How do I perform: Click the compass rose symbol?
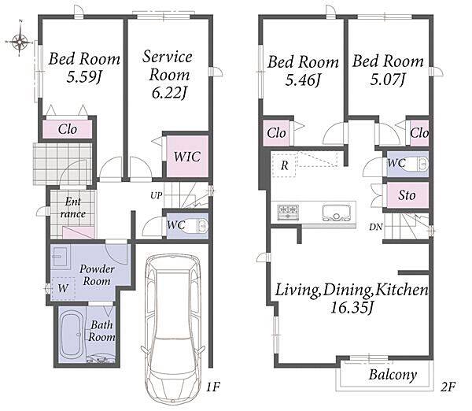click(x=20, y=41)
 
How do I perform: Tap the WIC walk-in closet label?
click(x=187, y=157)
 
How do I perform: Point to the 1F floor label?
click(x=213, y=387)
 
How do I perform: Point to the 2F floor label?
click(x=448, y=387)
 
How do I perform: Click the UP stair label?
click(x=157, y=196)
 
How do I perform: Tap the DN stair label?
click(x=376, y=227)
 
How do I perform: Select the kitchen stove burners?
click(x=288, y=212)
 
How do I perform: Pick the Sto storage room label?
click(x=407, y=195)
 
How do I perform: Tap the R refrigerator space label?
click(x=285, y=165)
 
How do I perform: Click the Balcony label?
click(x=393, y=375)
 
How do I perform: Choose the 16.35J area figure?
click(x=352, y=308)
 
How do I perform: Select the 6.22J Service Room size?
click(x=169, y=93)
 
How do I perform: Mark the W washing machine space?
click(x=63, y=288)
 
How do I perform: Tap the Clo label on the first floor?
click(x=68, y=129)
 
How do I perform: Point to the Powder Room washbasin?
click(x=60, y=257)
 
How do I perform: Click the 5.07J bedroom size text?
click(x=388, y=80)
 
